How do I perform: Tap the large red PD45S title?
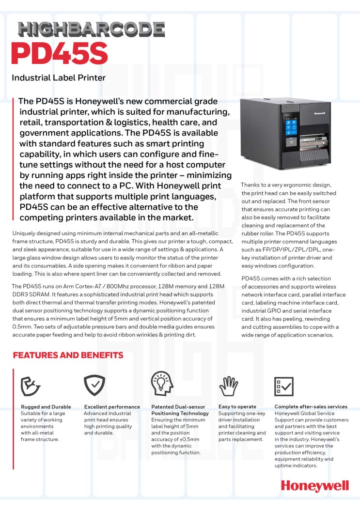coord(59,54)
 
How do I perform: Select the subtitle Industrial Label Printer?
coord(59,77)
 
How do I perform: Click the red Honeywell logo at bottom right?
coord(314,486)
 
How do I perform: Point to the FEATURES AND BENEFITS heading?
coord(68,355)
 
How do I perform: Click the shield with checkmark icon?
coord(94,386)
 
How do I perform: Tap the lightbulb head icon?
coord(162,385)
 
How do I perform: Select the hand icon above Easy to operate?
coord(229,386)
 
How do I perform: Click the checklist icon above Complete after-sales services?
coord(283,386)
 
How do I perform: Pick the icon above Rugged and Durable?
coord(31,386)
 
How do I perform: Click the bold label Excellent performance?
coord(112,407)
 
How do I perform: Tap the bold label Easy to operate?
coord(237,407)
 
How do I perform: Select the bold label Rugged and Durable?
coord(46,407)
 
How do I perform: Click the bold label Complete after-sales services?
coord(311,407)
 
